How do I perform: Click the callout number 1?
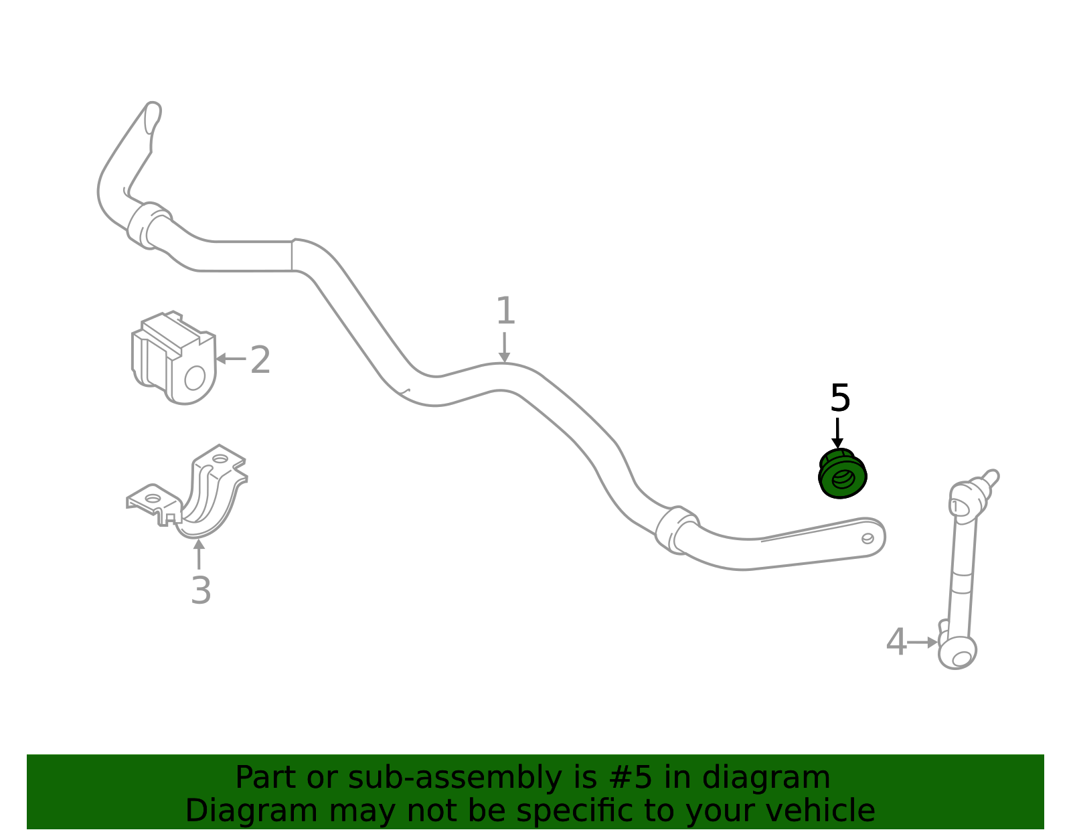click(505, 311)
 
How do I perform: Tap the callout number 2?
click(260, 359)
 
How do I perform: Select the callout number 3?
click(201, 590)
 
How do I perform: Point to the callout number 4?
click(896, 642)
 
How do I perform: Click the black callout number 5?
click(840, 398)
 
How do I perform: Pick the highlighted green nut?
click(842, 473)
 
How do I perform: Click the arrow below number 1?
click(504, 347)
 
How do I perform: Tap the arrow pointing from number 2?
click(231, 359)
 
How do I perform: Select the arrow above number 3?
click(199, 554)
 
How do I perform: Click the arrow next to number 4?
click(922, 643)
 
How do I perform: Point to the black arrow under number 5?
click(837, 434)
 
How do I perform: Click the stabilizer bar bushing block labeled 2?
click(173, 358)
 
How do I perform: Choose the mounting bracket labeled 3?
click(187, 491)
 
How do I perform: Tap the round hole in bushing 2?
click(195, 378)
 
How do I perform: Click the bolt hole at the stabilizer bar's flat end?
click(868, 538)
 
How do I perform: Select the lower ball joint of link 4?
click(958, 653)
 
